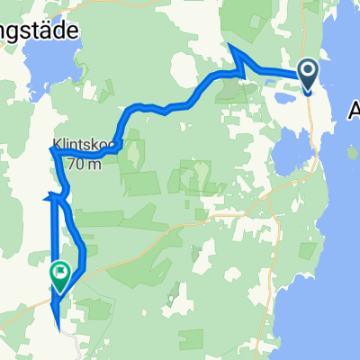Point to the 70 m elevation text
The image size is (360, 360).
point(82,165)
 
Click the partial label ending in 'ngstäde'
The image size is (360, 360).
point(40,29)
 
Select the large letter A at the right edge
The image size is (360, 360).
point(354,110)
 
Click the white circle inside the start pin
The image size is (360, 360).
point(307,69)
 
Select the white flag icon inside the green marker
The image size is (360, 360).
point(61,269)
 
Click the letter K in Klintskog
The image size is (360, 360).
point(57,142)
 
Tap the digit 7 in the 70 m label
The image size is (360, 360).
point(69,165)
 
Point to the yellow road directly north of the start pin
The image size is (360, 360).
point(311,27)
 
